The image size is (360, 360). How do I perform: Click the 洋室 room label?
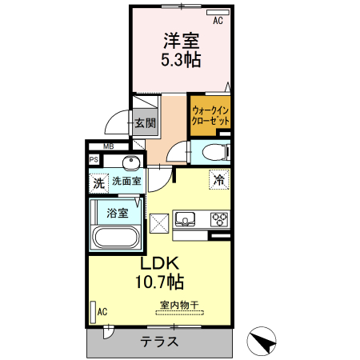pyautogui.click(x=182, y=40)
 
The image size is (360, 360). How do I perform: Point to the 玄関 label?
pyautogui.click(x=145, y=123)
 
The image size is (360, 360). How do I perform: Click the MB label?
pyautogui.click(x=107, y=146)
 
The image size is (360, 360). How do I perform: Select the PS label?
pyautogui.click(x=94, y=160)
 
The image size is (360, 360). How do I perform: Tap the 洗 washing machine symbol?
pyautogui.click(x=98, y=182)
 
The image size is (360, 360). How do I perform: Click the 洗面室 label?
pyautogui.click(x=126, y=182)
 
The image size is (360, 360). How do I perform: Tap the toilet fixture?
pyautogui.click(x=213, y=152)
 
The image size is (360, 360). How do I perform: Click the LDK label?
pyautogui.click(x=161, y=264)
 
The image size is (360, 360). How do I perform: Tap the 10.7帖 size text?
pyautogui.click(x=161, y=282)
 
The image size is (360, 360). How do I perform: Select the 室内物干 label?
pyautogui.click(x=179, y=306)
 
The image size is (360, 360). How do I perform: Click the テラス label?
pyautogui.click(x=160, y=342)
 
